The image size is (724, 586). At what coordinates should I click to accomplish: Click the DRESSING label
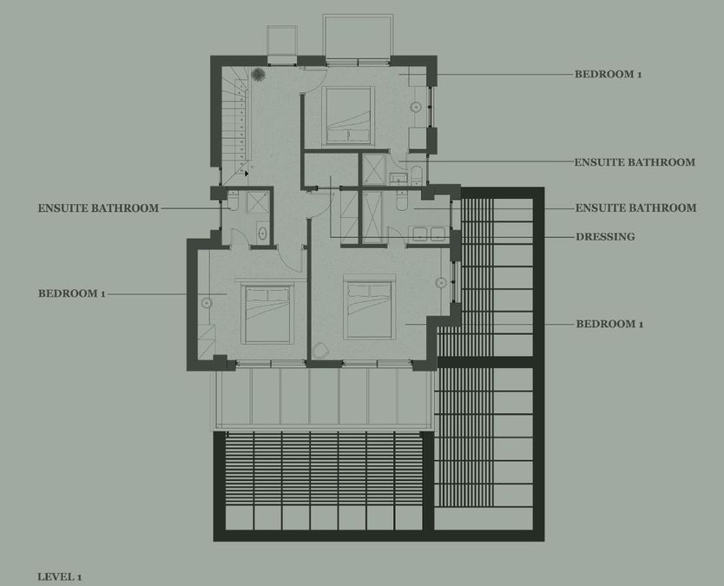point(605,237)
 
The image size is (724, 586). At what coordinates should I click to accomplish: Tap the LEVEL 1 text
point(60,576)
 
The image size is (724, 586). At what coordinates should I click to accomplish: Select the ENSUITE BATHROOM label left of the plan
point(98,208)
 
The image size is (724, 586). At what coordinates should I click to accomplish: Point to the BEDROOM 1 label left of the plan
point(71,293)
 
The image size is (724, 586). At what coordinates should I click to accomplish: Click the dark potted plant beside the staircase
point(258,74)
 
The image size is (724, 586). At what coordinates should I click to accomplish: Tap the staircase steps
point(236,125)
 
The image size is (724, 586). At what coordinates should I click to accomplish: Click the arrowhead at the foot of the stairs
point(247,173)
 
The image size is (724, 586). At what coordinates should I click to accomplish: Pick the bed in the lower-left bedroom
point(267,314)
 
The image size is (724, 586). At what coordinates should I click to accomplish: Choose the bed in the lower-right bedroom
point(369,307)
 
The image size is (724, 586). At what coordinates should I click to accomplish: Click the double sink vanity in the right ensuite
point(429,234)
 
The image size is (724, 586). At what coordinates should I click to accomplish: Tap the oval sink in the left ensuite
point(262,234)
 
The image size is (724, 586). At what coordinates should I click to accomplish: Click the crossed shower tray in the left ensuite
point(257,202)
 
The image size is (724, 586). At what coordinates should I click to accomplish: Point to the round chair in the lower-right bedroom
point(320,351)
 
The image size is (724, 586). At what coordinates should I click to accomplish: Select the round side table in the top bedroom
point(416,107)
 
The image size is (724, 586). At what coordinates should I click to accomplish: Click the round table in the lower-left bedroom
point(207,303)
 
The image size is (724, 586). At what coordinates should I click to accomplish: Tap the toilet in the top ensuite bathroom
point(416,175)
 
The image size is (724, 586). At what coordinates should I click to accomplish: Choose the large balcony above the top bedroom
point(358,37)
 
